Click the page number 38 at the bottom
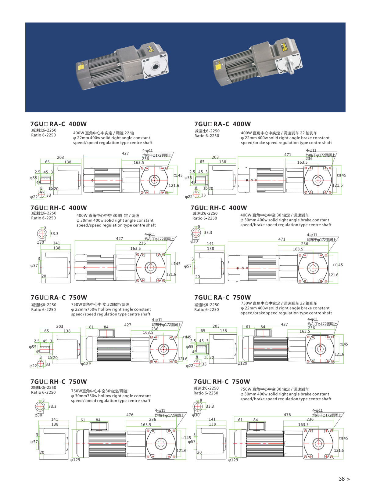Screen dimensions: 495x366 click(342, 479)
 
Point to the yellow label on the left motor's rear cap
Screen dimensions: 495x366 click(81, 66)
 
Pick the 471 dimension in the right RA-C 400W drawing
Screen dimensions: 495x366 click(288, 155)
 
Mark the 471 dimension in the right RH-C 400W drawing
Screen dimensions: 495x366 click(282, 239)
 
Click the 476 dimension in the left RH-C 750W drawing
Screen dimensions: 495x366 click(130, 415)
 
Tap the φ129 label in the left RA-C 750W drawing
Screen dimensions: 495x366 click(86, 364)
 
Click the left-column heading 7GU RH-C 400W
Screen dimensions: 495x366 click(59, 208)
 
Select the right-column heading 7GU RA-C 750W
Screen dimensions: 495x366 click(222, 297)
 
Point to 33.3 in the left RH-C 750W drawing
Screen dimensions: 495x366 click(52, 406)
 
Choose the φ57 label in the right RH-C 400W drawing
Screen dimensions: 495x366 click(188, 266)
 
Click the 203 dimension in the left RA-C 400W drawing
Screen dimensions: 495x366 click(60, 158)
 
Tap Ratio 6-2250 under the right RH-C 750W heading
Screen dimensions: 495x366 click(206, 393)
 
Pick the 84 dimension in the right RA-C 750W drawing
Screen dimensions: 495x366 click(263, 327)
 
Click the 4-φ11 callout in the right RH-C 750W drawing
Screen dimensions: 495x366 click(317, 410)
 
